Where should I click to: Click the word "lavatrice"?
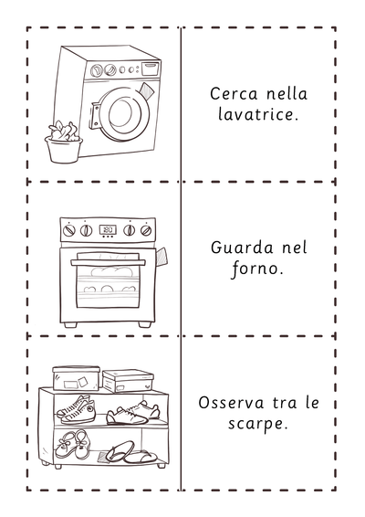[x=255, y=115]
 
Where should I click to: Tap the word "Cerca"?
[x=234, y=94]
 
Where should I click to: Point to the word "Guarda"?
[x=241, y=248]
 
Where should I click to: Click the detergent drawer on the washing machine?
[x=150, y=68]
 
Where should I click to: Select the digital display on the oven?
[x=108, y=229]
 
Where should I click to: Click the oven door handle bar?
[x=108, y=262]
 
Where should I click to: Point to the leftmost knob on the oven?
[x=69, y=230]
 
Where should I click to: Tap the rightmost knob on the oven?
[x=146, y=230]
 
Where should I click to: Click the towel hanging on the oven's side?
[x=162, y=258]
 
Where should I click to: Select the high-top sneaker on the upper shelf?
[x=76, y=411]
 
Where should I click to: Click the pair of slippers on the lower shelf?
[x=130, y=453]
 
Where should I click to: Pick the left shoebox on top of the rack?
[x=76, y=378]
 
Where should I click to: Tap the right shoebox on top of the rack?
[x=128, y=381]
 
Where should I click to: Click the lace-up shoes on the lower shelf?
[x=72, y=445]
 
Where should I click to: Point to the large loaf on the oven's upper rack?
[x=112, y=271]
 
